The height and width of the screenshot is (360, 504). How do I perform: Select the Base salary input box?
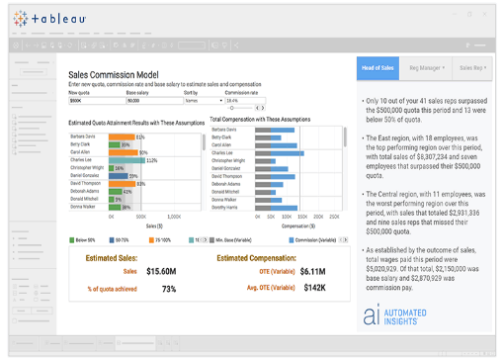point(153,100)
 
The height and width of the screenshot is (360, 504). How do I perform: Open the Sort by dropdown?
point(204,100)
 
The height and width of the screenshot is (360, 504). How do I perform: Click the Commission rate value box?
point(244,100)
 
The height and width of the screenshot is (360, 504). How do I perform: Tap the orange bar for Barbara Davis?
point(122,136)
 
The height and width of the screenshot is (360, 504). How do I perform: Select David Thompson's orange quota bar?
point(123,183)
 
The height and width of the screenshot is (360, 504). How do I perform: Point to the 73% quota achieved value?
point(169,289)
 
